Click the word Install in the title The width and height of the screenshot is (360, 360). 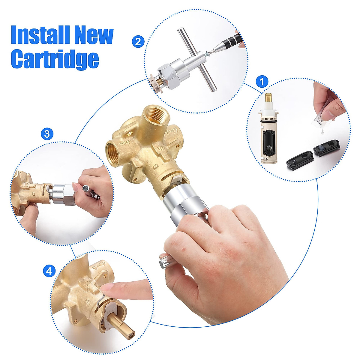tap(40, 35)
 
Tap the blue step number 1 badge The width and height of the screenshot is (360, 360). tap(262, 81)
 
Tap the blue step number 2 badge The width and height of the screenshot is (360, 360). tap(138, 41)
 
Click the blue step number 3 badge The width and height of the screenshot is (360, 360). tap(47, 134)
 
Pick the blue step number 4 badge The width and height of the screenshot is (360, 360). tap(49, 271)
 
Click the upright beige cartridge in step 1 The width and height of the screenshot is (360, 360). tap(270, 135)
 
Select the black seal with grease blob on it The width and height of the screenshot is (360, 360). tap(326, 148)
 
